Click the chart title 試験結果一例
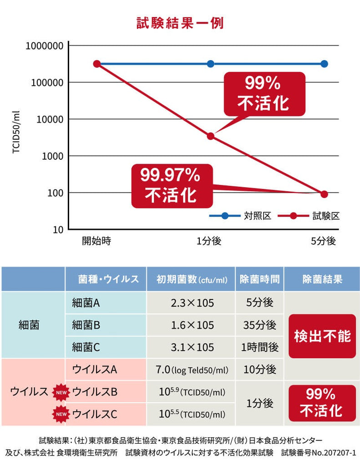[180, 23]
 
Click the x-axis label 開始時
[96, 241]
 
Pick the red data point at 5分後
[324, 194]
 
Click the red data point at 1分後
[210, 136]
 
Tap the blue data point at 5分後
[324, 64]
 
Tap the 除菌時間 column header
[259, 279]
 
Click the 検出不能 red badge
[322, 336]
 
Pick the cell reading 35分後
[259, 325]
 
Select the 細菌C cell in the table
[86, 347]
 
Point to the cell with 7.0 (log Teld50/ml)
[191, 370]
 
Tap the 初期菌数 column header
[191, 279]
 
